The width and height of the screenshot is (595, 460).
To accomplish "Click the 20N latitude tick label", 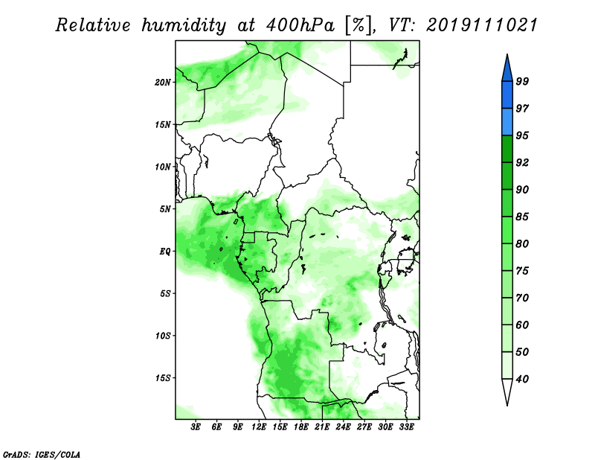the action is [163, 82].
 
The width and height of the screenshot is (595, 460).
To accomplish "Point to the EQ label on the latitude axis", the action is [164, 251].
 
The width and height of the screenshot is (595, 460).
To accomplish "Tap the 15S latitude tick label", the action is [163, 378].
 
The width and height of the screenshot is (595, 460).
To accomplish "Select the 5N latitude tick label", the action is [165, 209].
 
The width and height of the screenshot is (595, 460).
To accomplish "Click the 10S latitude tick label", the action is [163, 336].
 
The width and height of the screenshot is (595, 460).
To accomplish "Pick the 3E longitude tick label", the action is [196, 427].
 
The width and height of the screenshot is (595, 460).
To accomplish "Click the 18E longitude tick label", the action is [301, 427].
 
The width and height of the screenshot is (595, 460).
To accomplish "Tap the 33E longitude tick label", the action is [406, 427].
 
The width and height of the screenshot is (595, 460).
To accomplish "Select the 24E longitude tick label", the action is [343, 427].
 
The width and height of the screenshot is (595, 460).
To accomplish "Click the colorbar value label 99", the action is [522, 81].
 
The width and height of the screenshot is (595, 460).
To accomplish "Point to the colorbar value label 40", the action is [522, 379].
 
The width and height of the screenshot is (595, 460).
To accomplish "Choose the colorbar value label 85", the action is [522, 217].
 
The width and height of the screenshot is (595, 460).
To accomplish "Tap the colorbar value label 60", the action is [522, 325].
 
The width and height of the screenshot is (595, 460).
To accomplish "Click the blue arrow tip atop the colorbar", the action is [507, 54].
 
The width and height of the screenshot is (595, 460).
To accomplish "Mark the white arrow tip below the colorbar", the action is [507, 405].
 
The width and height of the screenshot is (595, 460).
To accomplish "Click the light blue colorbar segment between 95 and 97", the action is [507, 122].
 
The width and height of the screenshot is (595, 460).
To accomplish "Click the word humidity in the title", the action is [184, 25].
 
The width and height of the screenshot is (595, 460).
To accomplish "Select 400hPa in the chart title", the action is [300, 25].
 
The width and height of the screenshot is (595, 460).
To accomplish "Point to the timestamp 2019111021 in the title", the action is [482, 25].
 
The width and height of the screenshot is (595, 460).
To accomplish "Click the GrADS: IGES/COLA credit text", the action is [42, 454].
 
